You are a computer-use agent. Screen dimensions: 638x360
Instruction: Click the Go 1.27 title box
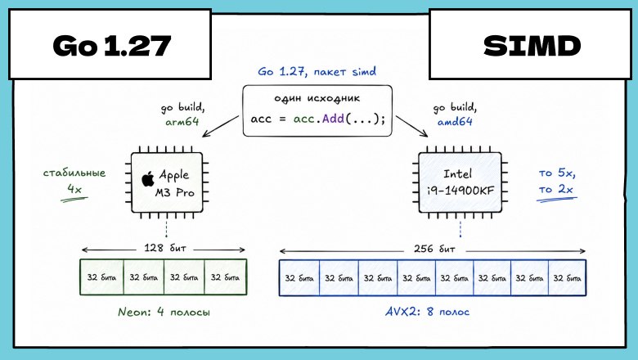pos(110,44)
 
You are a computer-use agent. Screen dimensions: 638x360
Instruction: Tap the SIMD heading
pos(532,46)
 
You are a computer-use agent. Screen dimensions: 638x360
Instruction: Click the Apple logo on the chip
pos(148,179)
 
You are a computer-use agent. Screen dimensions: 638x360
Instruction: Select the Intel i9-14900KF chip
pos(461,182)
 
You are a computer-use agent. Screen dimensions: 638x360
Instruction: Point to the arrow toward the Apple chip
pos(221,126)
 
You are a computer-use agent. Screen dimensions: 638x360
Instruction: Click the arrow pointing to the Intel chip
pos(411,126)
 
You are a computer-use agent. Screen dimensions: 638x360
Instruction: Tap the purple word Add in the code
pos(333,119)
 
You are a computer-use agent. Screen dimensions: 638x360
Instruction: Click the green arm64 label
pos(182,122)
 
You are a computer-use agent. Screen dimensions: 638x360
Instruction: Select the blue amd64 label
pos(455,121)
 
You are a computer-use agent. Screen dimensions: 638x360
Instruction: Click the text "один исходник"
pos(317,98)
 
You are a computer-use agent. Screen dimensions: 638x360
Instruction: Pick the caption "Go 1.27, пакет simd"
pos(317,72)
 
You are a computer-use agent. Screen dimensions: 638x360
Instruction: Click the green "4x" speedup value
pos(74,189)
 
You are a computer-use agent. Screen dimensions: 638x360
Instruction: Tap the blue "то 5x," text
pos(557,173)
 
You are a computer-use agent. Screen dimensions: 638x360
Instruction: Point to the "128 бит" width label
pos(164,248)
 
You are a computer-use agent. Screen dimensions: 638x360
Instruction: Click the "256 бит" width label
pos(434,249)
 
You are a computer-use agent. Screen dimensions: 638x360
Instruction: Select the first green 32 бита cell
pos(101,277)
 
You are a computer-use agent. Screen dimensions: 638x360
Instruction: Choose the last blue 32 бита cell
pos(567,278)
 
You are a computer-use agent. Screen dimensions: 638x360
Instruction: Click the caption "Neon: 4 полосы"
pos(164,312)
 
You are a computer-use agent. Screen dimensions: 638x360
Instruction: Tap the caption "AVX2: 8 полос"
pos(427,312)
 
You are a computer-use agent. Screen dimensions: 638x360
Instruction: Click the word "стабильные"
pos(74,173)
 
